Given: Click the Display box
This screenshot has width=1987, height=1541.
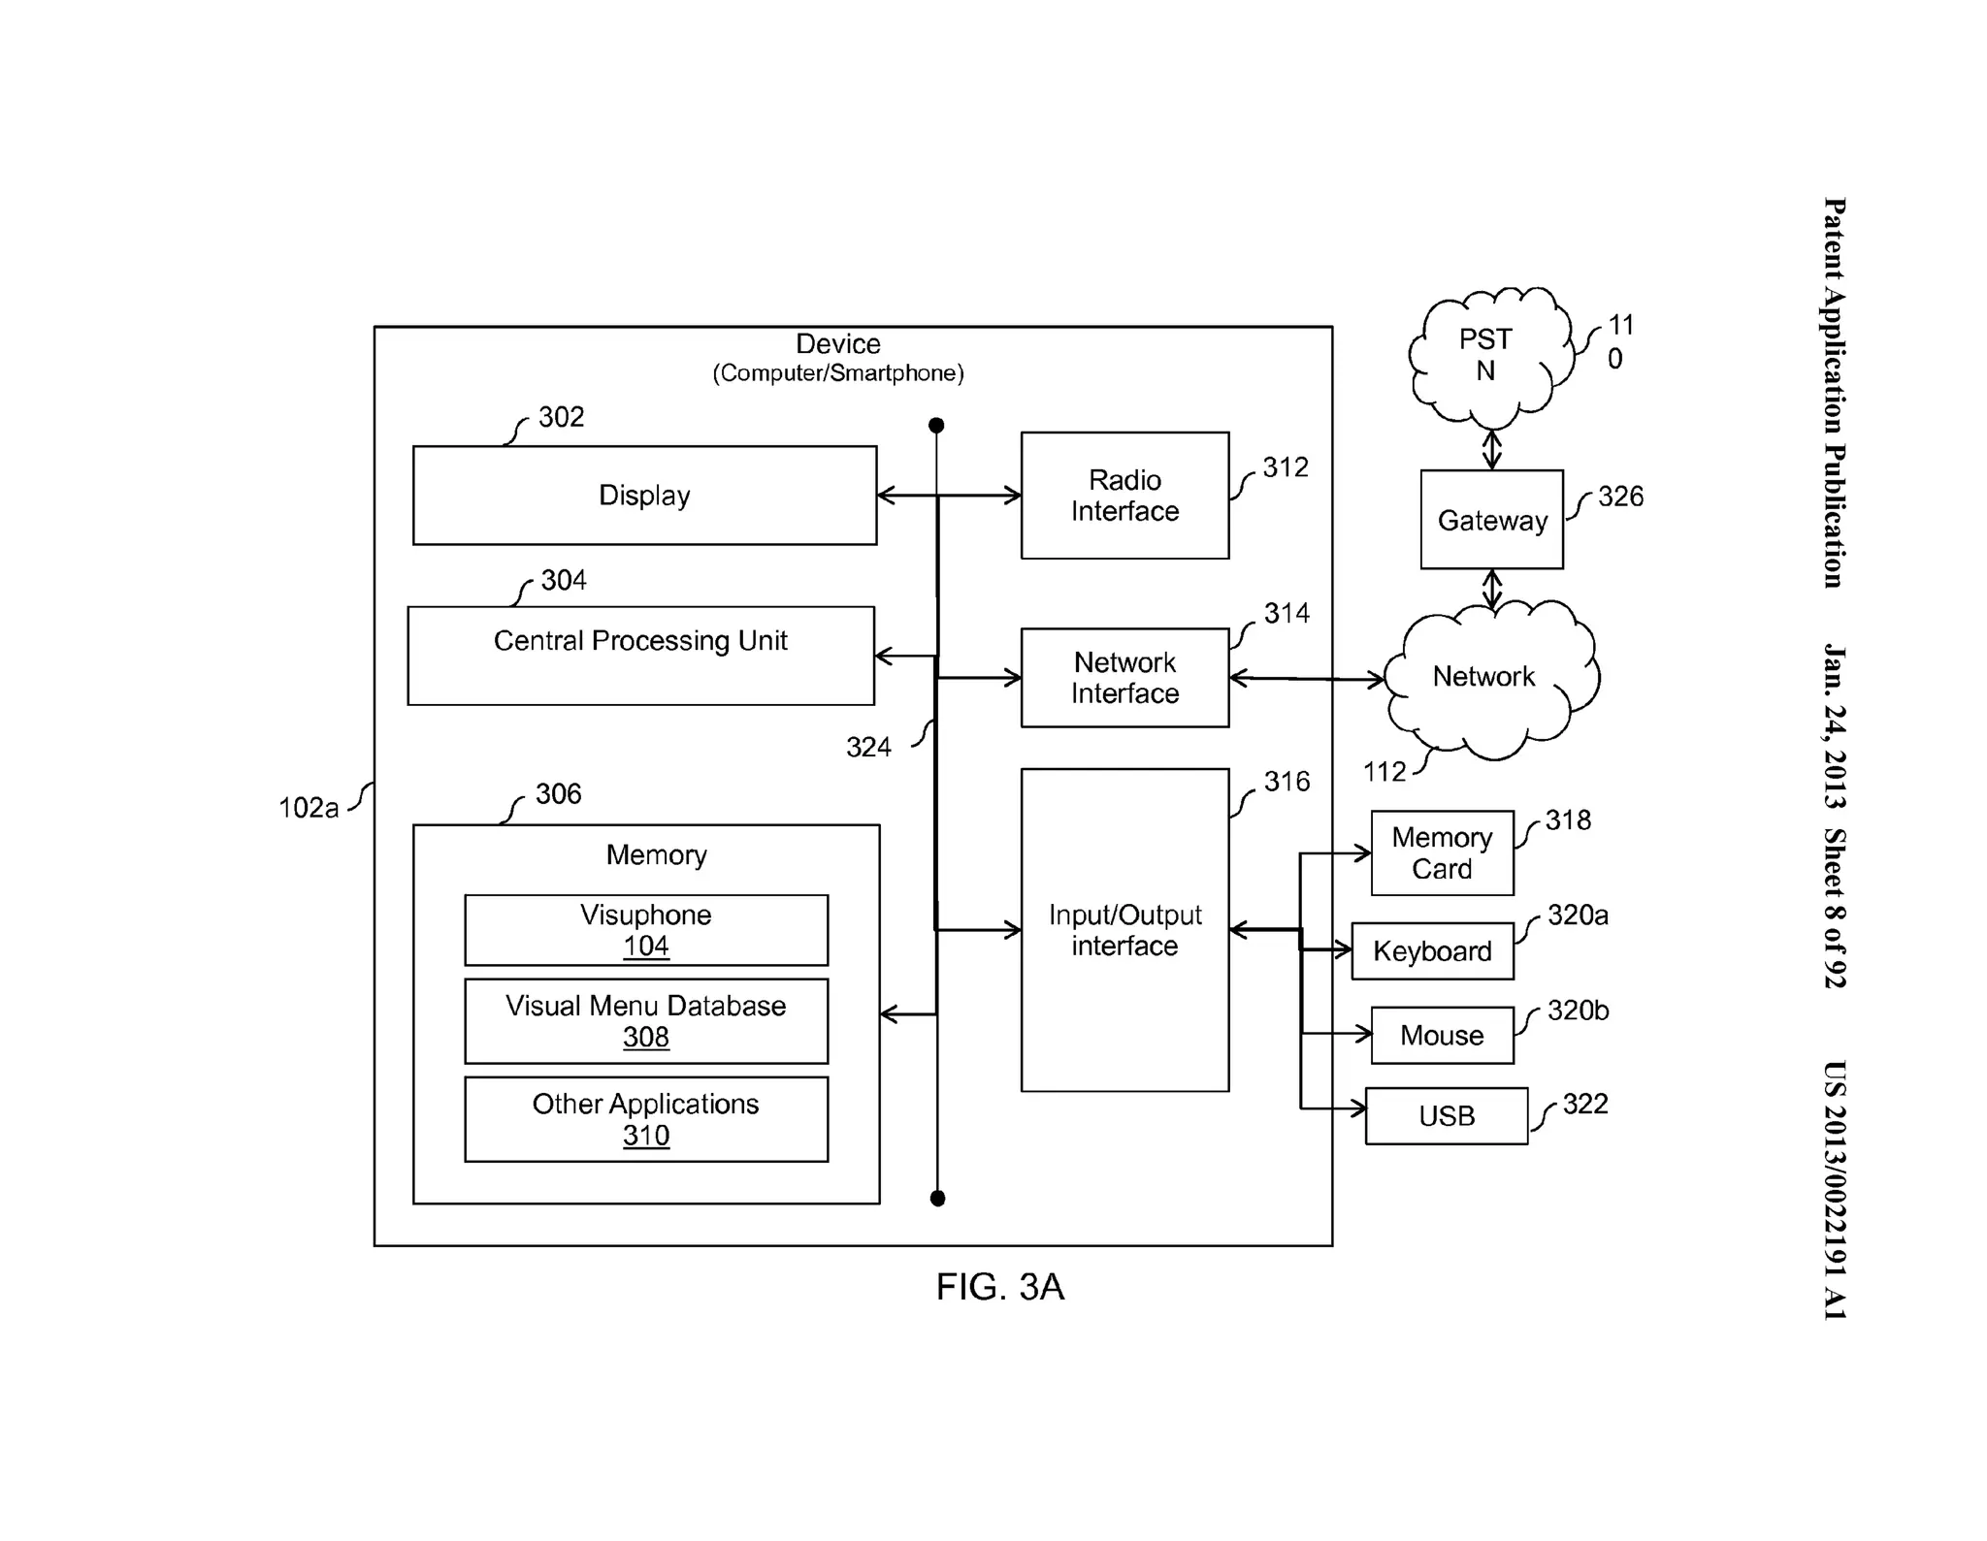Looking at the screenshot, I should tap(644, 496).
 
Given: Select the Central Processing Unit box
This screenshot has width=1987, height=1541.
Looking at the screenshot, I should tap(640, 656).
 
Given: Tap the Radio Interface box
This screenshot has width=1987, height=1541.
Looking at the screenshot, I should tap(1124, 496).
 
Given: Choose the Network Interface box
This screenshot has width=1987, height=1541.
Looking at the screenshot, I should tap(1124, 678).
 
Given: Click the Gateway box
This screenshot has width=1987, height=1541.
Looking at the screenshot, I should tap(1491, 520).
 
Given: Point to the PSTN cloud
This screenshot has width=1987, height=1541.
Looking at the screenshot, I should tap(1486, 356).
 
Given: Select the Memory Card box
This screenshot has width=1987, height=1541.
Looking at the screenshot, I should tap(1442, 853).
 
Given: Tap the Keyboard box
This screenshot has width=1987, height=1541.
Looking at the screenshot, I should tap(1432, 951).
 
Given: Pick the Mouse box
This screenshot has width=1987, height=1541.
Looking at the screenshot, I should tap(1442, 1036).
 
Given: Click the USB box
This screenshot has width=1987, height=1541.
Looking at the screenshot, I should tap(1446, 1116).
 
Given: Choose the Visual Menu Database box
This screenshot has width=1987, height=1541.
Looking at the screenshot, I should tap(646, 1021).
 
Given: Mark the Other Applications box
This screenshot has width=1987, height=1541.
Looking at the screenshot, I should tap(646, 1119).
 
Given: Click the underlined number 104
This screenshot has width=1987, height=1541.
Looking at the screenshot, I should tap(646, 947).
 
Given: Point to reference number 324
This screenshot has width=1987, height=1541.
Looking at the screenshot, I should tap(868, 748).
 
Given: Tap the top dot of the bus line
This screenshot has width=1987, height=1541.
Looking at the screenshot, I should tap(936, 426).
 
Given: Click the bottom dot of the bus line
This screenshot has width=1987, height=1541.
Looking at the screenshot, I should tap(937, 1199).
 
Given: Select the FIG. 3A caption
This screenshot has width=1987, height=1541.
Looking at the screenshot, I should tap(999, 1287).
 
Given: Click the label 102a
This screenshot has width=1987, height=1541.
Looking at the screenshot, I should tap(309, 808).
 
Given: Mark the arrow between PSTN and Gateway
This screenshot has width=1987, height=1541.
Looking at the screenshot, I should tap(1492, 450).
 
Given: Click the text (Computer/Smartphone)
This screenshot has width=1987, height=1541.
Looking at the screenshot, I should tap(838, 373).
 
